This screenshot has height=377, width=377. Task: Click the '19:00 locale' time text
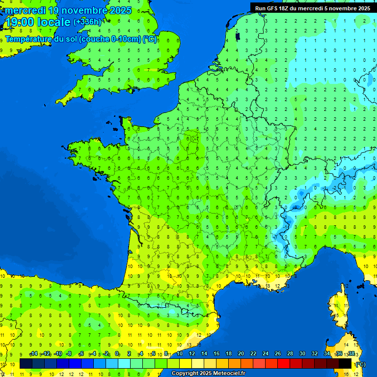(38, 22)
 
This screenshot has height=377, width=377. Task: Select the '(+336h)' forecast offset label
(87, 22)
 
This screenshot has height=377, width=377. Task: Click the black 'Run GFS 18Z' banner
(313, 8)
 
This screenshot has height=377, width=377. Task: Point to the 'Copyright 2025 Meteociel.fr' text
(208, 374)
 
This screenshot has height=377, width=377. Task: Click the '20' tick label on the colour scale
(241, 354)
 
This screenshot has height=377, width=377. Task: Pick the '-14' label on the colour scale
(34, 354)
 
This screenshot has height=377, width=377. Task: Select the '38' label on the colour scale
(351, 354)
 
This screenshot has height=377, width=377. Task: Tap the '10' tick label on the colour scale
(180, 354)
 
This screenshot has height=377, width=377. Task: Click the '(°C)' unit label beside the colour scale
(360, 364)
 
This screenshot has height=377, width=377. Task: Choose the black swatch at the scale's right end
(345, 364)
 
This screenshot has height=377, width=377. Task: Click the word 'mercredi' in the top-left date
(25, 10)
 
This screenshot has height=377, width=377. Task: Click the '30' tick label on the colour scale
(302, 354)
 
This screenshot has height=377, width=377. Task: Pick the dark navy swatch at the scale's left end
(26, 364)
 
